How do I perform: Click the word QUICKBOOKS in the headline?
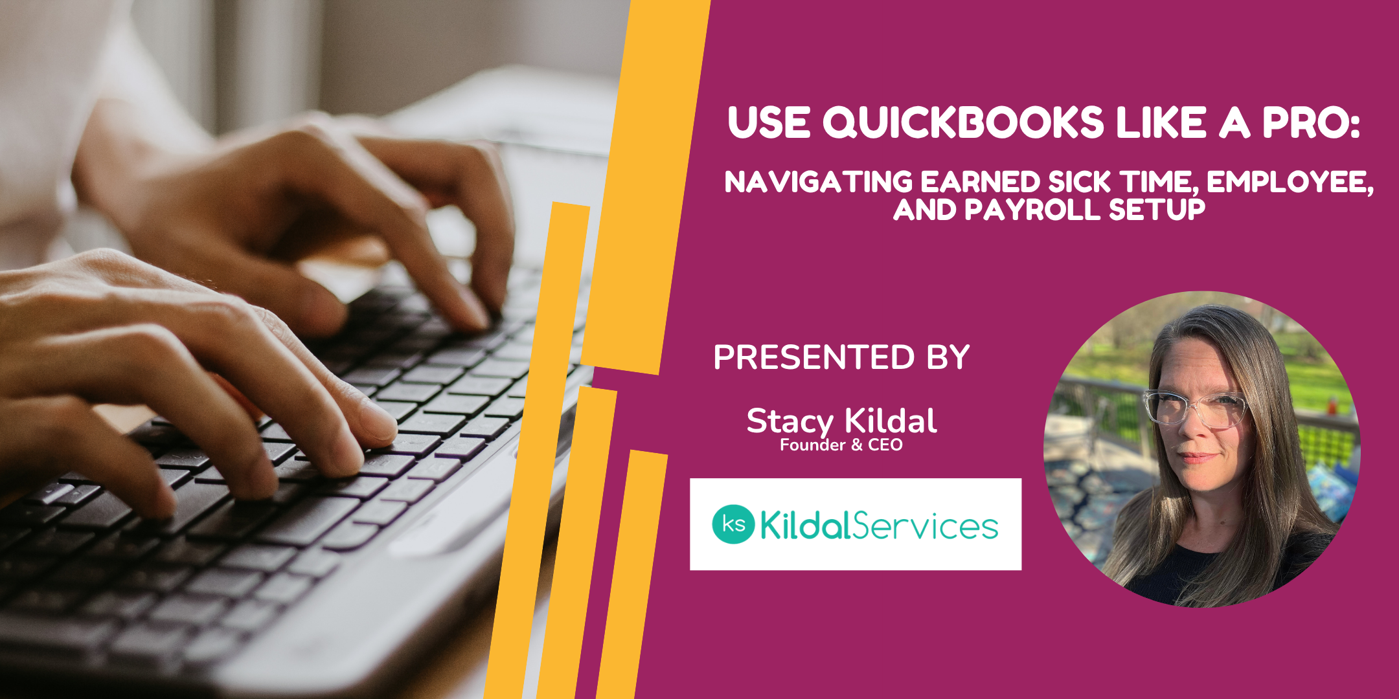pyautogui.click(x=963, y=122)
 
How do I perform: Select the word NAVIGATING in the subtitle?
pyautogui.click(x=819, y=182)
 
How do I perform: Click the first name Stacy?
pyautogui.click(x=790, y=423)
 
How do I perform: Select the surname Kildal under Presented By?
pyautogui.click(x=891, y=421)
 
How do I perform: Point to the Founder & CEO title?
pyautogui.click(x=841, y=445)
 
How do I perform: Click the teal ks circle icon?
pyautogui.click(x=733, y=524)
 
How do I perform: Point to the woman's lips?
pyautogui.click(x=1195, y=457)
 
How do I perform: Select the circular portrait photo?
pyautogui.click(x=1201, y=449)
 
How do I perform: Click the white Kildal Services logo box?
pyautogui.click(x=856, y=524)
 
